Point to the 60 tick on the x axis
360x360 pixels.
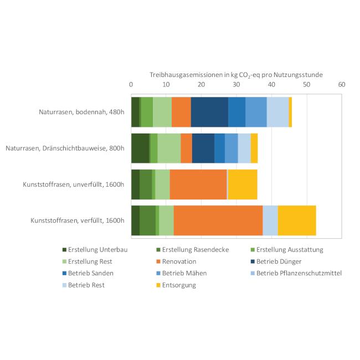point(341,85)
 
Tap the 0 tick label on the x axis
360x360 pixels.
point(131,85)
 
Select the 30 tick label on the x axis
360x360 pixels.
point(236,85)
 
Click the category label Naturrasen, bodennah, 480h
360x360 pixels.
point(82,112)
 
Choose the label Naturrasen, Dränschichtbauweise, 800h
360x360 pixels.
point(65,148)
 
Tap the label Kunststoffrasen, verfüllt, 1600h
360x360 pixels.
point(77,220)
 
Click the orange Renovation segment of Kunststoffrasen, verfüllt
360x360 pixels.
point(218,220)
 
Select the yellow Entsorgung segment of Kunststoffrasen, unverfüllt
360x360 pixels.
point(243,184)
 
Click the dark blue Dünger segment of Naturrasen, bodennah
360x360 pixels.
point(209,112)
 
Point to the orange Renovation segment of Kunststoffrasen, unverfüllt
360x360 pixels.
point(198,184)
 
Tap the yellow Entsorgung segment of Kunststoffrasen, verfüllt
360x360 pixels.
point(297,220)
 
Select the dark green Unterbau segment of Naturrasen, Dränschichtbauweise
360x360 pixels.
point(140,148)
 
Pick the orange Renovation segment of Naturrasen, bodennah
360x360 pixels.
point(181,112)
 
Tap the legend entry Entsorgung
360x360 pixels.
point(179,285)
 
